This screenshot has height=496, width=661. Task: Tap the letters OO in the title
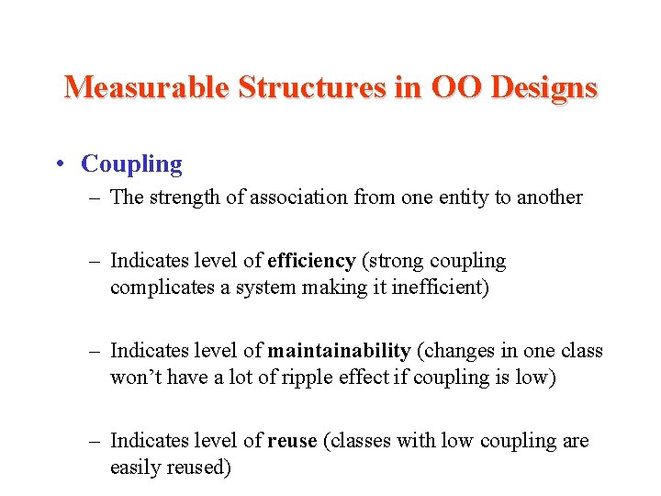[x=457, y=87]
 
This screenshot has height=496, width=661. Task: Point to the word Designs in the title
[x=544, y=87]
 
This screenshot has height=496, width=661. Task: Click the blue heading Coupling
[x=131, y=164]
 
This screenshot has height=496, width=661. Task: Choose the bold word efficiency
[x=311, y=262]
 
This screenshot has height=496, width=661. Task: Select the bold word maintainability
[x=339, y=351]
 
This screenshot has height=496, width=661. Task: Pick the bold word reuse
[x=292, y=441]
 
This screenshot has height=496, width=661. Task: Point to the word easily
[x=136, y=468]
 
